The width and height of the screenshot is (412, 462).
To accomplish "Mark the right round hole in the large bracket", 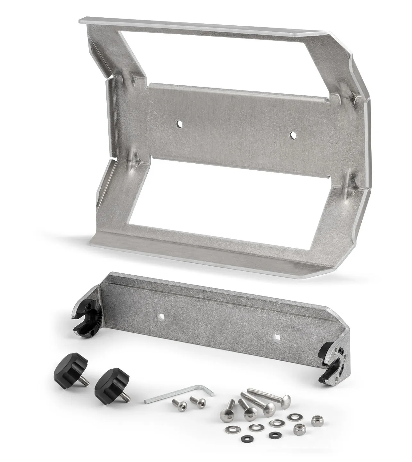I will coord(292,135).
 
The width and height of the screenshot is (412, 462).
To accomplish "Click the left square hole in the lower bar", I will coord(161,317).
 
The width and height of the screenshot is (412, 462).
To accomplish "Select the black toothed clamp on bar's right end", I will coord(331,363).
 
